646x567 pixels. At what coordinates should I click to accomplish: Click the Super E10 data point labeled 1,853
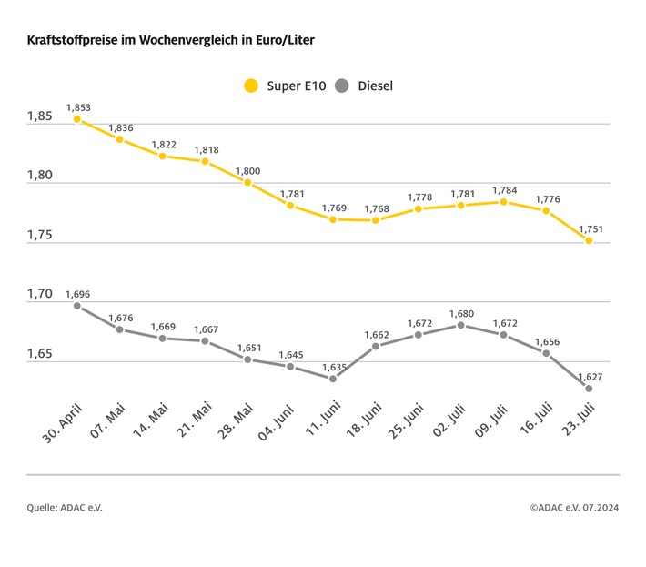click(77, 119)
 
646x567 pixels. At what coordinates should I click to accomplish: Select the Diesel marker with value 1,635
click(333, 379)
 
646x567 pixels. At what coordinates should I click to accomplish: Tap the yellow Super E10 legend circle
click(250, 86)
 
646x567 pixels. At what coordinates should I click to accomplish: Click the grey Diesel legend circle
click(342, 86)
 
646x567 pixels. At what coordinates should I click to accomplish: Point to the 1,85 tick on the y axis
click(39, 117)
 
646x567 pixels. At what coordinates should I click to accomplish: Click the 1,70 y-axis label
click(39, 295)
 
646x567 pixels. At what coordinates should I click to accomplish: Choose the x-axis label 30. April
click(62, 420)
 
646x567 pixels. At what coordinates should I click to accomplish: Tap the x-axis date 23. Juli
click(575, 418)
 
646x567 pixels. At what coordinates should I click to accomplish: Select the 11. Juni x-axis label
click(318, 418)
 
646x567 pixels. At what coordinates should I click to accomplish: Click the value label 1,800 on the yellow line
click(247, 170)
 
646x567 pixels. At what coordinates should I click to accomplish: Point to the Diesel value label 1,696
click(77, 294)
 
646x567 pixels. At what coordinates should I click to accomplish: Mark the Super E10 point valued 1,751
click(589, 240)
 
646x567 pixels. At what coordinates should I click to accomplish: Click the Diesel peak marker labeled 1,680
click(461, 325)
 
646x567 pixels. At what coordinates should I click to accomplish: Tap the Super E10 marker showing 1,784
click(503, 202)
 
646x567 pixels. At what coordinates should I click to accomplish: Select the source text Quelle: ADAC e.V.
click(65, 507)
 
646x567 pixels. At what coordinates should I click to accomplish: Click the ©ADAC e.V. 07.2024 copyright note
click(574, 507)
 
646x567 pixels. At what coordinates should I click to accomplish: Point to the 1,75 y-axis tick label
click(39, 236)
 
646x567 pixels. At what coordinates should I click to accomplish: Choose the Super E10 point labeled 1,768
click(376, 220)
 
